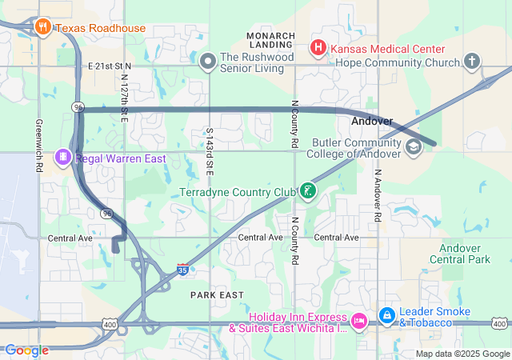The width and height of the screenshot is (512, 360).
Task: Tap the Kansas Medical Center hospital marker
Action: [x=318, y=48]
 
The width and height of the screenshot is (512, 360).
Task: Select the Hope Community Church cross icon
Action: [x=473, y=61]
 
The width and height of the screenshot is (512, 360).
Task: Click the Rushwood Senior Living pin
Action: [x=208, y=61]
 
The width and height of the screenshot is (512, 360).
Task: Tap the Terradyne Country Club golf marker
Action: [x=307, y=191]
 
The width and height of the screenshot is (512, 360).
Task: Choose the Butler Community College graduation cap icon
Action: [x=413, y=146]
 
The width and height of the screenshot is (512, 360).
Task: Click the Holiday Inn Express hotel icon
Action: [x=359, y=321]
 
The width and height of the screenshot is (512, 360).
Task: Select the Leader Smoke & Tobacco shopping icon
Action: [x=386, y=316]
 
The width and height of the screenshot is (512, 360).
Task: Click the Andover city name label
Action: [x=372, y=122]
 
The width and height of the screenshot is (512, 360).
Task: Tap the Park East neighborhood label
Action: [x=217, y=295]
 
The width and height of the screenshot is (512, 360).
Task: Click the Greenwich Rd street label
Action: [x=38, y=146]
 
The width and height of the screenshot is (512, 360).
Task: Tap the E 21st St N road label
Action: [x=109, y=65]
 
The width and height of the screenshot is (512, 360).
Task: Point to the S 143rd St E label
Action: [x=210, y=152]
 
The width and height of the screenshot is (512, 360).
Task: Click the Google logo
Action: [x=26, y=350]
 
